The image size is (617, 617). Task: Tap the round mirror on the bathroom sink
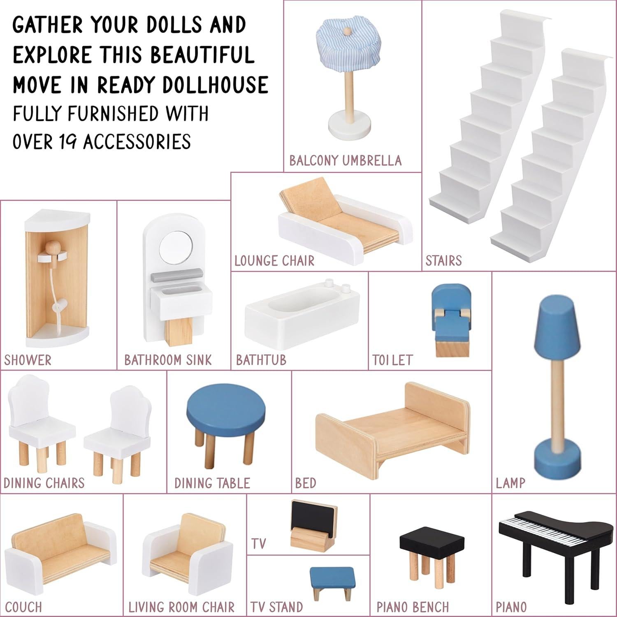(x=176, y=248)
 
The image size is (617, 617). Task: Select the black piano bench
(x=432, y=540)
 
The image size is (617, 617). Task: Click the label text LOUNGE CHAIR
(x=274, y=261)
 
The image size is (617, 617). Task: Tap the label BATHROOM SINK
(x=168, y=360)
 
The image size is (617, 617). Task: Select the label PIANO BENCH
(x=413, y=607)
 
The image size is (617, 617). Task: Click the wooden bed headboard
(x=437, y=407)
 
